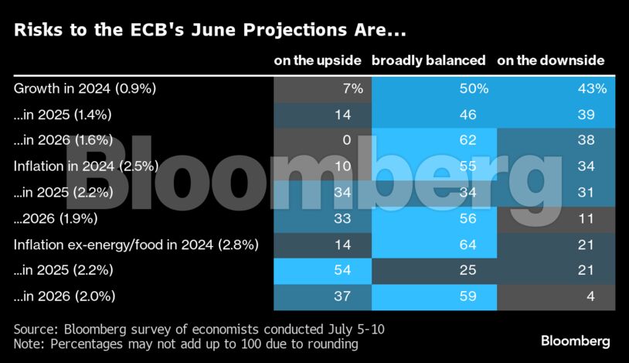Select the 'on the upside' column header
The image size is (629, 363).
318,60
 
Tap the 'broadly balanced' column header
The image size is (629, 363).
429,60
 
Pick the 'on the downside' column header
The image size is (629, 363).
550,60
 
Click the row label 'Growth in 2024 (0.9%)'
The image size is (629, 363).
85,88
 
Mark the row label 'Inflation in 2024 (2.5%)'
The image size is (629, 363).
86,166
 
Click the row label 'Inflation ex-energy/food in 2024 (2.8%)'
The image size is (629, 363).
136,245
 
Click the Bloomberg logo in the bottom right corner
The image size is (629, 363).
575,341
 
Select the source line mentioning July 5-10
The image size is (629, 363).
199,330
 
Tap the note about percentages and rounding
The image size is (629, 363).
186,343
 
